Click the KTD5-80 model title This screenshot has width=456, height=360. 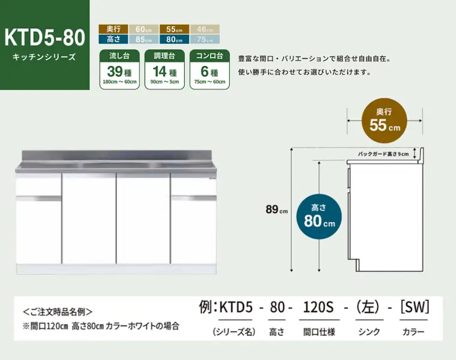click(x=45, y=37)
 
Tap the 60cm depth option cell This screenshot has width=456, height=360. click(x=144, y=29)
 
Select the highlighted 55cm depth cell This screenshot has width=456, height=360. click(x=175, y=29)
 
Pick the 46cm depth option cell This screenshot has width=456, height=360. click(x=205, y=29)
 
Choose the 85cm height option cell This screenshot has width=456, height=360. click(x=144, y=39)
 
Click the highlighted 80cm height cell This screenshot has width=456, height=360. click(x=175, y=39)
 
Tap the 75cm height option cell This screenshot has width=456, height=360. click(x=205, y=39)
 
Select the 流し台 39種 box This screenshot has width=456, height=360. click(x=120, y=69)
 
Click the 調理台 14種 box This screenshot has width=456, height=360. click(x=164, y=69)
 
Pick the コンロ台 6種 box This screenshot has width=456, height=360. click(x=210, y=69)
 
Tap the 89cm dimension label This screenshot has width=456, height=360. click(x=277, y=209)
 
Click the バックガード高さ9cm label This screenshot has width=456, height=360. click(x=382, y=154)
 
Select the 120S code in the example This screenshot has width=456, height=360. click(x=317, y=308)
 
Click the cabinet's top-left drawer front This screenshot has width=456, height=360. click(x=38, y=185)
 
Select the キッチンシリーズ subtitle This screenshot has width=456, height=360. click(x=44, y=58)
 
